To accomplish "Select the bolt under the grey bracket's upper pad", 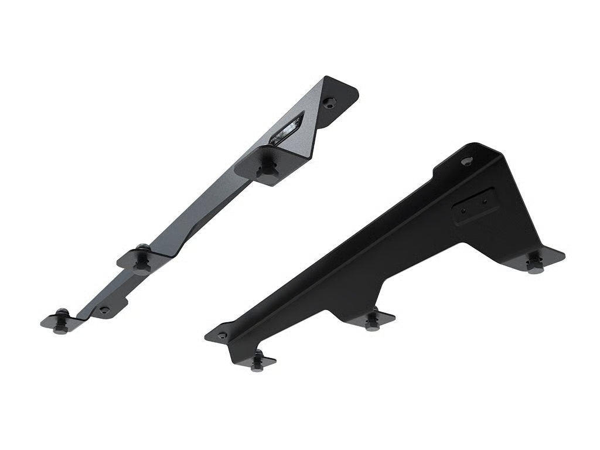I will pos(268,169).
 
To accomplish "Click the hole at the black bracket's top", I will pos(466,160).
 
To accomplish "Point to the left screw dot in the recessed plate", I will pos(463,209).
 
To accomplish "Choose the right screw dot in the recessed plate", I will pos(484,201).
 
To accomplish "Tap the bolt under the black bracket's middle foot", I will pos(371,322).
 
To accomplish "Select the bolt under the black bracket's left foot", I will pos(257,361).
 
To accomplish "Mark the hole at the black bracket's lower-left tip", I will pos(221,336).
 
